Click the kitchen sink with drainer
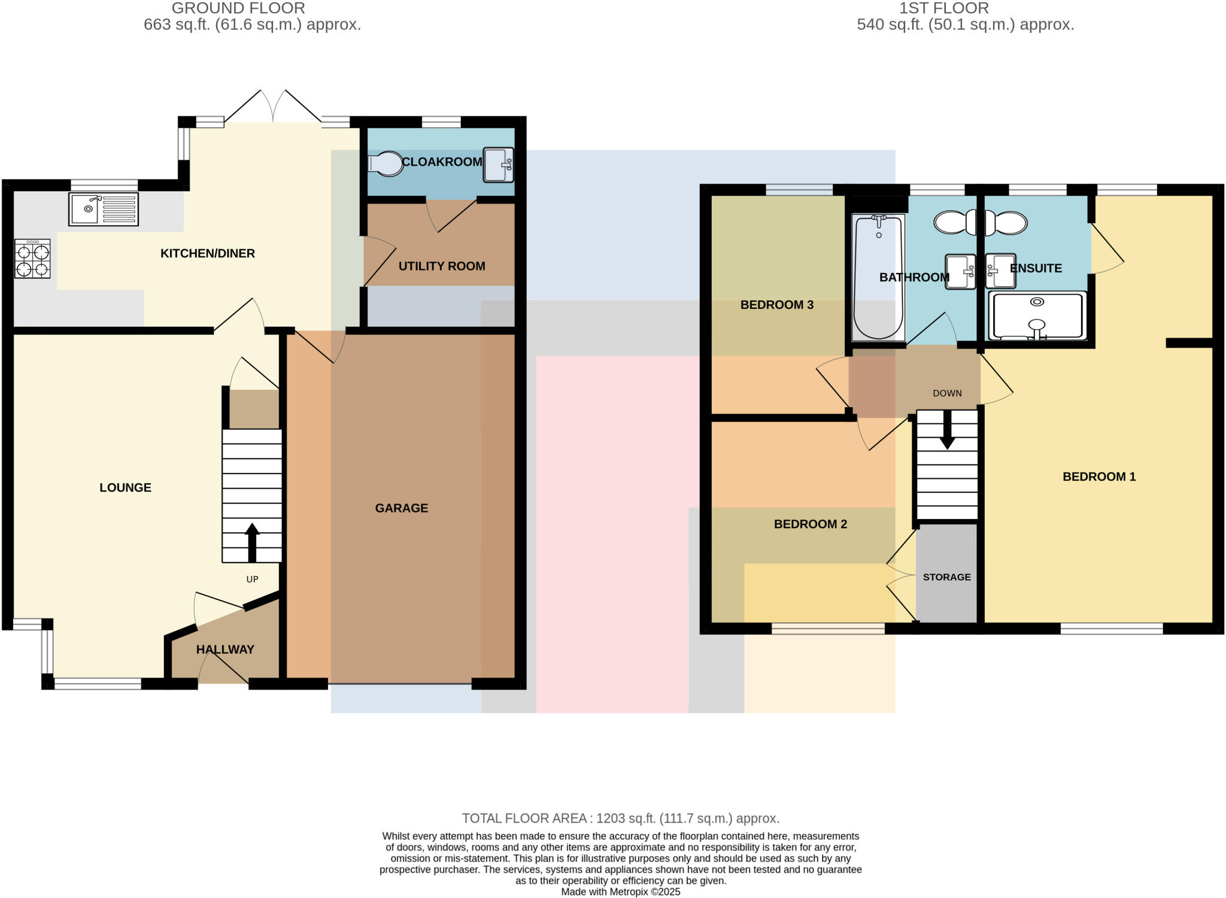tap(104, 209)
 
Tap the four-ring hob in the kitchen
tap(32, 259)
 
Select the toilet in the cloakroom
tap(386, 163)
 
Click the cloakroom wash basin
tap(498, 165)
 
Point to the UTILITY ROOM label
tap(442, 266)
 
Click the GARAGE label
tap(401, 508)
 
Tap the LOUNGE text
tap(125, 488)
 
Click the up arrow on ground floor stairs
tap(252, 542)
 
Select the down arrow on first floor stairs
tap(947, 431)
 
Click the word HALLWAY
tap(225, 650)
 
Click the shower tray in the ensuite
tap(1037, 316)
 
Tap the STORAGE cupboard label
tap(946, 577)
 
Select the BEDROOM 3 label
tap(776, 305)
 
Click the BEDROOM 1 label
tap(1098, 477)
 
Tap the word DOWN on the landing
tap(947, 393)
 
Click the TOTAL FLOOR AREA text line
tap(620, 818)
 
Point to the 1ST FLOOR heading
tap(943, 8)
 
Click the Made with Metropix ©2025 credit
tap(620, 891)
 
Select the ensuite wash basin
tap(1000, 271)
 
